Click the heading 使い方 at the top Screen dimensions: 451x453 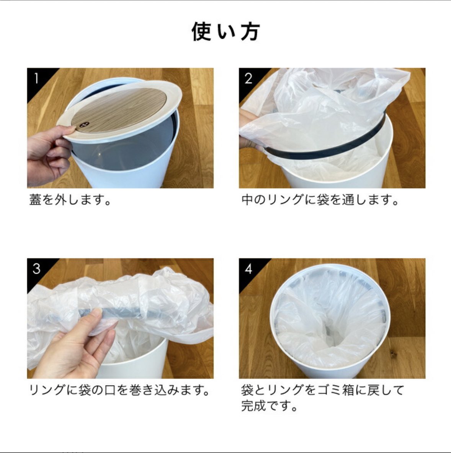tap(225, 31)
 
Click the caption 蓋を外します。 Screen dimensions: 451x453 tap(70, 200)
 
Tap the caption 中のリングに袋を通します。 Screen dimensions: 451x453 tap(320, 200)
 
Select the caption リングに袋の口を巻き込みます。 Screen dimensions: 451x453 tap(119, 390)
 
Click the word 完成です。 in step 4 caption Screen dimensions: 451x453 tap(269, 406)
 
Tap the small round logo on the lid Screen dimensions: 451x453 tap(84, 125)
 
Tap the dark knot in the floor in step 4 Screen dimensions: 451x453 tap(392, 353)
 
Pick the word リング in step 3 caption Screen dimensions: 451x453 tap(47, 390)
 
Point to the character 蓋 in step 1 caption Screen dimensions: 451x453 tap(35, 200)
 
